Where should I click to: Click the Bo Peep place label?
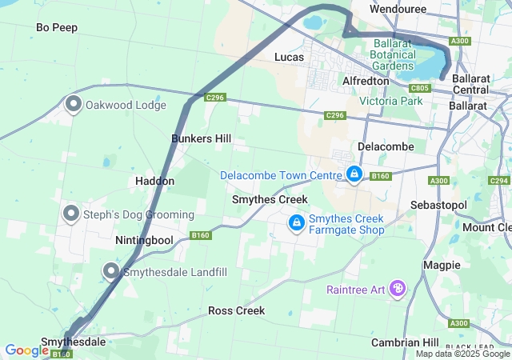[x=57, y=27]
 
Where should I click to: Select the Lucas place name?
[x=289, y=57]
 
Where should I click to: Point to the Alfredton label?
[x=366, y=81]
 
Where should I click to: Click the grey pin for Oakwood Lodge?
[x=74, y=104]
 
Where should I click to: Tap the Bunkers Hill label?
[x=202, y=138]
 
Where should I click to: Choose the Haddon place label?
[x=154, y=181]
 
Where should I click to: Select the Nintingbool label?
[x=144, y=240]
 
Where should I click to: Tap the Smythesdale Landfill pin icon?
[x=110, y=271]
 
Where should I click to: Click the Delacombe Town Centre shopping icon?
[x=354, y=173]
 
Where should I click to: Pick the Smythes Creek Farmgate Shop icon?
[x=296, y=222]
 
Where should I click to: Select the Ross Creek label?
[x=236, y=310]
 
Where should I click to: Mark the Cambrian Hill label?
[x=405, y=342]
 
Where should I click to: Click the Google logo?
[x=27, y=350]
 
